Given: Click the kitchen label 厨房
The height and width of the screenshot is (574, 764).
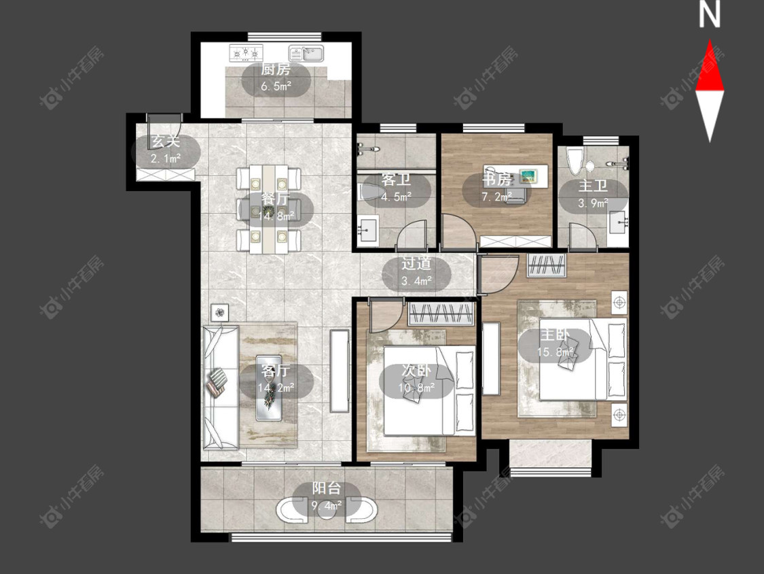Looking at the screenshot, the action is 276,69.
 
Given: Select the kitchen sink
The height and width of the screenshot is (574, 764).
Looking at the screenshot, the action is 306,53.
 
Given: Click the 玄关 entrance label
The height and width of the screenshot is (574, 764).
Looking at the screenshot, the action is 166,141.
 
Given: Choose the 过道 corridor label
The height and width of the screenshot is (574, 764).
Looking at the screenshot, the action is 416,264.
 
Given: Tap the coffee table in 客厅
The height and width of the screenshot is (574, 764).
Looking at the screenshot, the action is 269,388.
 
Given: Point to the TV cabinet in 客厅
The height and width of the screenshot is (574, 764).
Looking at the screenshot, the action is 340,371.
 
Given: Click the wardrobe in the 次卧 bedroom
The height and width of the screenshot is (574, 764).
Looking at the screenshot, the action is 441,314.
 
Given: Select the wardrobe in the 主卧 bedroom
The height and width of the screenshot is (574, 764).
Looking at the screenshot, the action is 547,266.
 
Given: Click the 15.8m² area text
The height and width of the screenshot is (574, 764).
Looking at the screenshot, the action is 555,352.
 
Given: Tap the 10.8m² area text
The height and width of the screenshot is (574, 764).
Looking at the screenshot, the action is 416,388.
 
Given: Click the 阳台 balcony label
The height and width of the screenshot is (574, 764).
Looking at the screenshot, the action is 327,488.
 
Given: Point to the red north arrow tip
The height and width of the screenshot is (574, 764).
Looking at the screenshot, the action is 710,41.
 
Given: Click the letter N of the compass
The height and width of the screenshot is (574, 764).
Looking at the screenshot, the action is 710,14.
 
